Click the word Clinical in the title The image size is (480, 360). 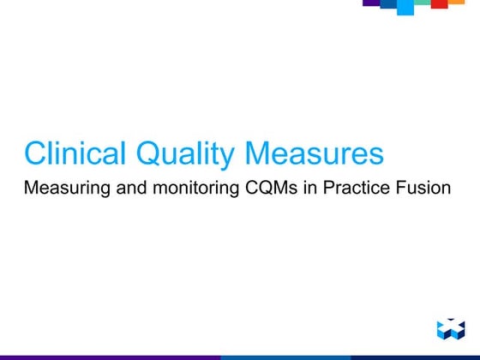click(75, 154)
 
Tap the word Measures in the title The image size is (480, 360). click(315, 154)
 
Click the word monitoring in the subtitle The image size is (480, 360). click(184, 187)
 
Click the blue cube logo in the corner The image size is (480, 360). click(449, 328)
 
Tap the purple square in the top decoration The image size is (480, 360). click(370, 3)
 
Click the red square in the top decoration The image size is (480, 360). click(439, 4)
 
